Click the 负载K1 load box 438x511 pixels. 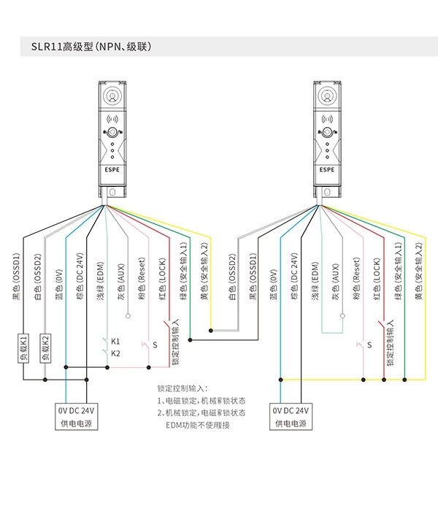point(23,347)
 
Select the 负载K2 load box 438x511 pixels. point(45,347)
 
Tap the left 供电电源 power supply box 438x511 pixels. point(76,417)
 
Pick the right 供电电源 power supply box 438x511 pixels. point(291,417)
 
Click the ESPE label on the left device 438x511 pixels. point(112,170)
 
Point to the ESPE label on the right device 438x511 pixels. point(327,170)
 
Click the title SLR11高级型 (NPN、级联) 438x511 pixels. point(91,47)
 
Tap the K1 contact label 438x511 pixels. point(115,341)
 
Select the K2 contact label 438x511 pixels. point(115,353)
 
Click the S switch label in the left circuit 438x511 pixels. point(155,345)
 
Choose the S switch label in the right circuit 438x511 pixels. point(369,345)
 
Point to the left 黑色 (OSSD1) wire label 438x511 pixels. point(16,277)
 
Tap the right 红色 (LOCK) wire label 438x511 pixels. point(377,279)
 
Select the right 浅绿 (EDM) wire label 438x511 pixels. point(315,280)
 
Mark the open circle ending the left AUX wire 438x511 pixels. point(128,316)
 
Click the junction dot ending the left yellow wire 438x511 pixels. point(211,331)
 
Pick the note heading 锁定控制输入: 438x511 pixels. point(182,388)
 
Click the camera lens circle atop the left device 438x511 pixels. point(112,96)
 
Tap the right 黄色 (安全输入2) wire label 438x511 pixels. point(419,271)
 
